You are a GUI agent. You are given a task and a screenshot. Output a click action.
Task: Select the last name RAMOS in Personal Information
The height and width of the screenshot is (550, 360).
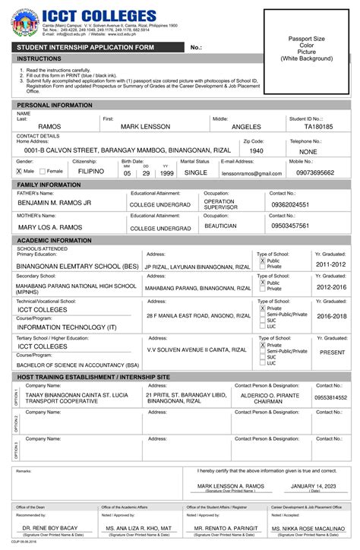[49, 127]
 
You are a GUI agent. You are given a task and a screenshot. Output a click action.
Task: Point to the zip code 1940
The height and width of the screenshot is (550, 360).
[256, 151]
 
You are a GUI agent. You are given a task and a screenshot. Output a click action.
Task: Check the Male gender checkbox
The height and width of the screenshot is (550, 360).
[19, 172]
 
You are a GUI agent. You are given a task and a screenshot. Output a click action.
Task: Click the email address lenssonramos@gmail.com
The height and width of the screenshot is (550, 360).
[251, 173]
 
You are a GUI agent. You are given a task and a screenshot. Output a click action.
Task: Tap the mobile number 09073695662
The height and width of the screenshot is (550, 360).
[314, 173]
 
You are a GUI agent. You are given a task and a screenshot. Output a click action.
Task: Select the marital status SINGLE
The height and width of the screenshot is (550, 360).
[195, 173]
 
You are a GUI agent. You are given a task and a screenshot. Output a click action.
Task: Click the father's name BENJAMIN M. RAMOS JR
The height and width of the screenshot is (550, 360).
[55, 204]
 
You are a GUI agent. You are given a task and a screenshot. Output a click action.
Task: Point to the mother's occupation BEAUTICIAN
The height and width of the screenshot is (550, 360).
[220, 226]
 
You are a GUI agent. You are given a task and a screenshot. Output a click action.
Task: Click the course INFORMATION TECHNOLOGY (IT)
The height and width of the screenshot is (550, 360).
[67, 327]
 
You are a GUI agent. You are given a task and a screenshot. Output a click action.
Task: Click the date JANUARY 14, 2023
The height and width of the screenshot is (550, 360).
[314, 485]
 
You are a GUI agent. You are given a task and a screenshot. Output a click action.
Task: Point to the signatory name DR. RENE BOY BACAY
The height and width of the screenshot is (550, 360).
[49, 527]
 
